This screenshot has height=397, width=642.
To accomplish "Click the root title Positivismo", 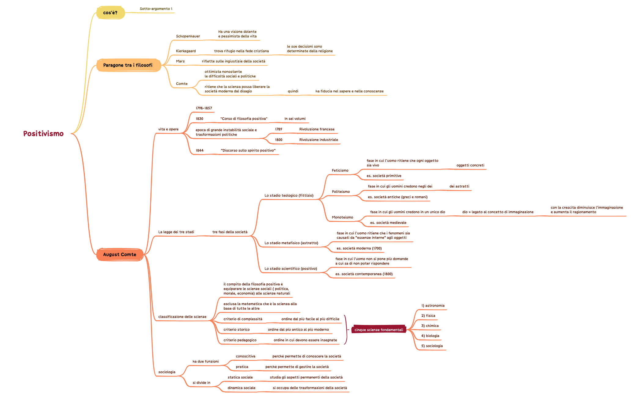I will (43, 133).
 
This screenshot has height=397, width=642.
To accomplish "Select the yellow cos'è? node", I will (110, 13).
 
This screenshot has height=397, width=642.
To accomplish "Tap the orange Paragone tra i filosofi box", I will (128, 65).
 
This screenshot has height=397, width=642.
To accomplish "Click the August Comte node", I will (120, 254).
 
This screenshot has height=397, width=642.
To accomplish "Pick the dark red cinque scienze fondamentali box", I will (378, 330).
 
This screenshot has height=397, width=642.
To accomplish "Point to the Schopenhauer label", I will (188, 36).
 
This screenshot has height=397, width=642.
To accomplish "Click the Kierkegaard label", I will (186, 51).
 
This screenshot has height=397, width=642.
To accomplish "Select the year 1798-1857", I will (204, 108).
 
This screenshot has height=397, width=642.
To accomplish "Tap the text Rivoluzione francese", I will (317, 129).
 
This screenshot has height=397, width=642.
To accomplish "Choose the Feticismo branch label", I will (340, 170).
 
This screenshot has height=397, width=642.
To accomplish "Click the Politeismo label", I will (341, 192).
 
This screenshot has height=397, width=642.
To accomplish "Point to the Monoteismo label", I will (342, 217).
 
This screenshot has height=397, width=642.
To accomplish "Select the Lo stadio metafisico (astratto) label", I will (291, 243).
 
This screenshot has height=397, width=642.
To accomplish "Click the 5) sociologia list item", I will (432, 346).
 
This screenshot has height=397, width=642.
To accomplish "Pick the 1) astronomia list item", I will (433, 306).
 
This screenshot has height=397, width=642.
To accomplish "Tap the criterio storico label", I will (236, 330).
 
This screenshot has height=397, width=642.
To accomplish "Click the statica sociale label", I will (240, 377).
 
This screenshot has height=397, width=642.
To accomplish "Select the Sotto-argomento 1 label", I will (156, 9).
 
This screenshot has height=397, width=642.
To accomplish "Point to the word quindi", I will (293, 91).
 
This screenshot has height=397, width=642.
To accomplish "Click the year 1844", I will (200, 151).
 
